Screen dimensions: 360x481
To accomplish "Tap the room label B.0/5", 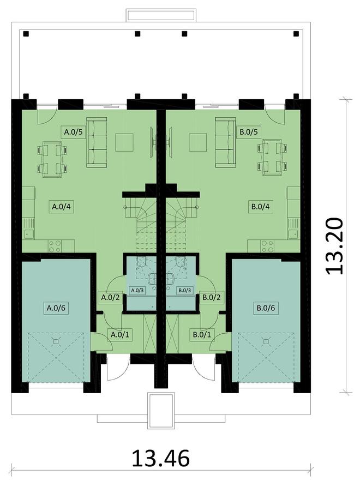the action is click(249, 132).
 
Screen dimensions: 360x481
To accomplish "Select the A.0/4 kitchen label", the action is click(62, 207).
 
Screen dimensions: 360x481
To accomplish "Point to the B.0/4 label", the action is click(261, 207).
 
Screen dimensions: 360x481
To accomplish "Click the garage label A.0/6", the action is click(56, 308).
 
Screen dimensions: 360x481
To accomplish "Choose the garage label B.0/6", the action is click(266, 308).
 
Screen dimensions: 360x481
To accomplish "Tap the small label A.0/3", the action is click(137, 290).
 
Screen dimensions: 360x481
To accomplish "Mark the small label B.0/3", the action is click(185, 290).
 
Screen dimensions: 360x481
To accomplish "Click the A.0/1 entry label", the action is click(119, 334).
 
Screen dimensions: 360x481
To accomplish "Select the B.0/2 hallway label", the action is click(212, 297).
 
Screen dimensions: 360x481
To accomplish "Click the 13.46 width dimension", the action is click(161, 459).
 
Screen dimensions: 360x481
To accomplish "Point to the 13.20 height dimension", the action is click(334, 246).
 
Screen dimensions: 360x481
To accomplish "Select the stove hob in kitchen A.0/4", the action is click(55, 246).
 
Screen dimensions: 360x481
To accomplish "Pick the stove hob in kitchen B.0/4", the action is click(267, 246).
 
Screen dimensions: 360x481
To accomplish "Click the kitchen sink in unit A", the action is click(29, 234).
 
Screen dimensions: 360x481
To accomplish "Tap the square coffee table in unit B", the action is click(198, 142).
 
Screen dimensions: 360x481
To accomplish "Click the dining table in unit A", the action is click(52, 159).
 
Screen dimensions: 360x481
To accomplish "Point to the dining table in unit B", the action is click(273, 158).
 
